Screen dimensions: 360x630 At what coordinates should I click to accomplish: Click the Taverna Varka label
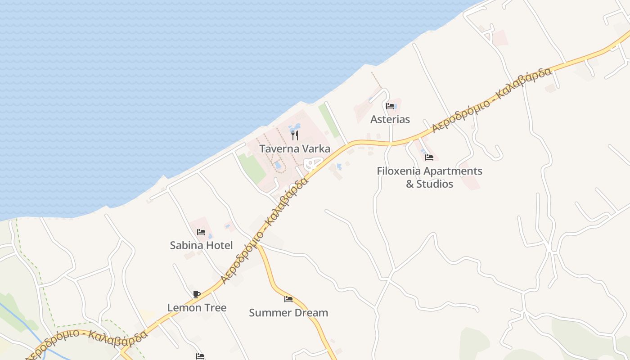(x=295, y=149)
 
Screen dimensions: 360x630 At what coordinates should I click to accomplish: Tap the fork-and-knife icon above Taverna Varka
(x=295, y=135)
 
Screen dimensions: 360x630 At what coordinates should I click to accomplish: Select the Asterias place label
(x=390, y=119)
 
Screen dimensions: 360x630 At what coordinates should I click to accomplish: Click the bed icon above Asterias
(x=390, y=106)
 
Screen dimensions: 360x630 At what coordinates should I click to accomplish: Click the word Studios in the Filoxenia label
(x=435, y=184)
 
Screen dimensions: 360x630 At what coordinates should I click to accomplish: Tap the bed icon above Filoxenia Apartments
(x=429, y=157)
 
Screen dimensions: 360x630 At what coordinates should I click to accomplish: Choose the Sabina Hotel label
(x=201, y=245)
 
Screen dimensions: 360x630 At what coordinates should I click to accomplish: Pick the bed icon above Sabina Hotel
(x=201, y=232)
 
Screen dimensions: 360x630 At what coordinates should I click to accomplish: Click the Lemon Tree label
(x=197, y=308)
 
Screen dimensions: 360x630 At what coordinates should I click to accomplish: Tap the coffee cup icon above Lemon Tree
(x=197, y=295)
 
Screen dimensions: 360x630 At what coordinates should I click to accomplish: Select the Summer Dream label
(x=288, y=313)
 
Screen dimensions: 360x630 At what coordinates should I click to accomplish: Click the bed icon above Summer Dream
(x=288, y=299)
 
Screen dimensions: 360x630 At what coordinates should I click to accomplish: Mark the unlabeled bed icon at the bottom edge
(x=200, y=356)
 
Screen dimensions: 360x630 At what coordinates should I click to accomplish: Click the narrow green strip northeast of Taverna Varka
(x=329, y=121)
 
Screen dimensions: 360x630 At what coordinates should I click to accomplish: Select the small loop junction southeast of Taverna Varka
(x=311, y=164)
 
